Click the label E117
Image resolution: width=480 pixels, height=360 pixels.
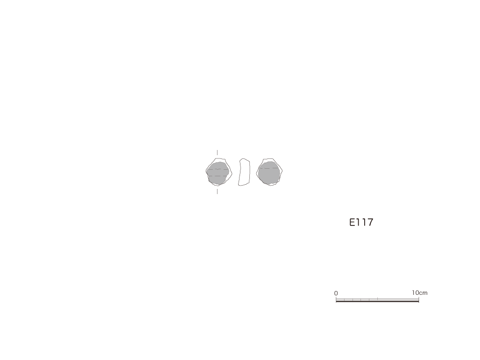[361, 222]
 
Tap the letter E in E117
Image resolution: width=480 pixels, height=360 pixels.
[352, 222]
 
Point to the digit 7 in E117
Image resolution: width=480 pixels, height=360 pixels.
[370, 222]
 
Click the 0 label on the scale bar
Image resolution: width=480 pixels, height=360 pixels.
[336, 293]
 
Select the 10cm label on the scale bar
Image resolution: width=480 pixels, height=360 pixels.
[420, 292]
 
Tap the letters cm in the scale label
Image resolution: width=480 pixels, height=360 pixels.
[423, 293]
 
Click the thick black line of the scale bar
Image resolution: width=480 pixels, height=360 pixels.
[377, 301]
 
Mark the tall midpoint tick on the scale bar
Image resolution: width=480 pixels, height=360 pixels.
[377, 299]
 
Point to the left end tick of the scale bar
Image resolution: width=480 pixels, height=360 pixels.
[336, 299]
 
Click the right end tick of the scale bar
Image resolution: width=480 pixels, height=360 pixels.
[419, 299]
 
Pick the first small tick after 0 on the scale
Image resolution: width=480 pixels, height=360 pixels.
[345, 300]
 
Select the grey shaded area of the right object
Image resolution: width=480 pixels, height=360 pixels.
[269, 173]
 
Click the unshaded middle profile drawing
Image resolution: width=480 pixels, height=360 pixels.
[244, 172]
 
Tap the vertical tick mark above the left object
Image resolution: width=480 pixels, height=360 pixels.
[217, 153]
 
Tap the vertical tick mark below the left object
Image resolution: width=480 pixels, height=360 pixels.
[217, 191]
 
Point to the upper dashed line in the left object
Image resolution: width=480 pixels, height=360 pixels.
[217, 169]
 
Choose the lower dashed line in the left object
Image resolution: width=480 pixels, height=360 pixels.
[217, 176]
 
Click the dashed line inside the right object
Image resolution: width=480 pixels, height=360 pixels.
[270, 168]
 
